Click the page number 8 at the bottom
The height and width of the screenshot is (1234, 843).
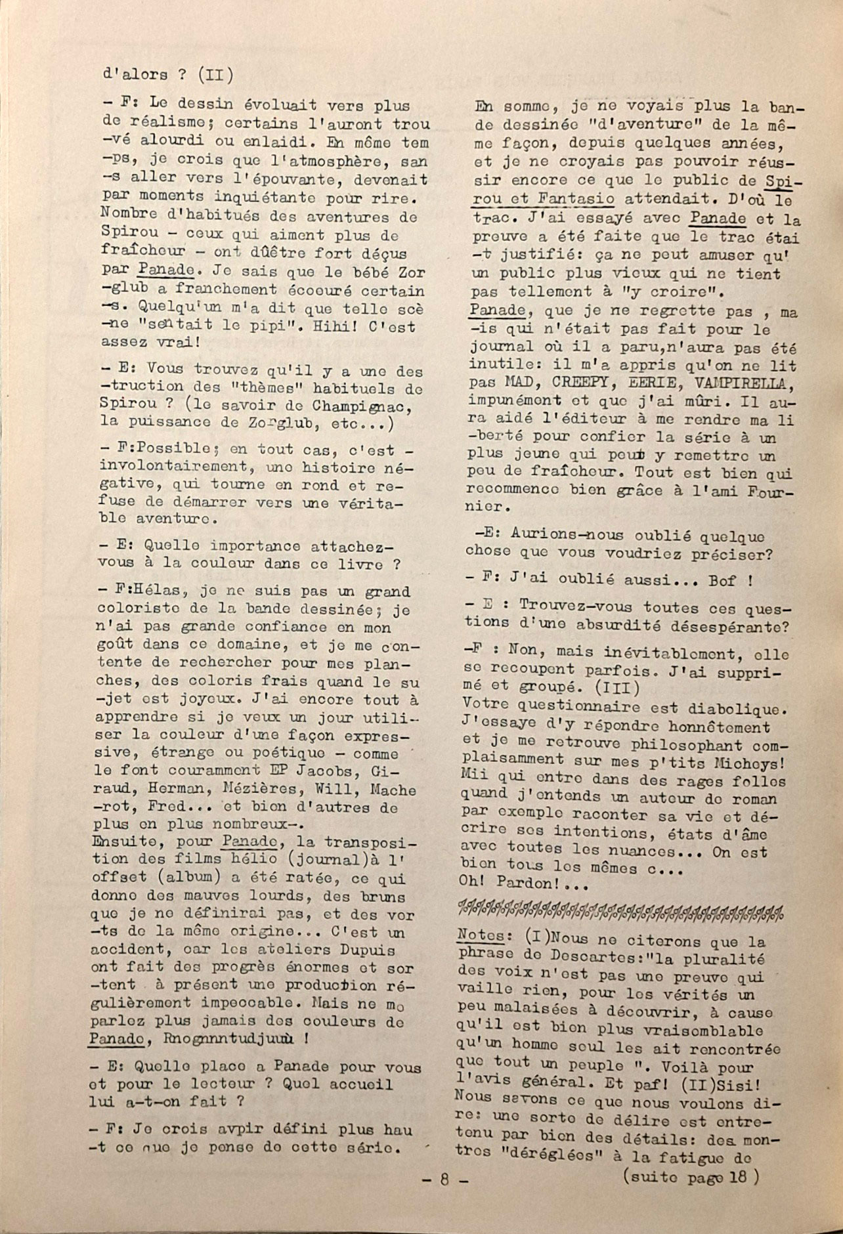coord(443,1180)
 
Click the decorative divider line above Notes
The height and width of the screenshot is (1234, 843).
coord(620,911)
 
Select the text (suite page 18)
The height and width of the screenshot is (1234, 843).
coord(689,1177)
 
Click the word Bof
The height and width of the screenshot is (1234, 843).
coord(723,580)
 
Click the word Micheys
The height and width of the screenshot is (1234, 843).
coord(752,763)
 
